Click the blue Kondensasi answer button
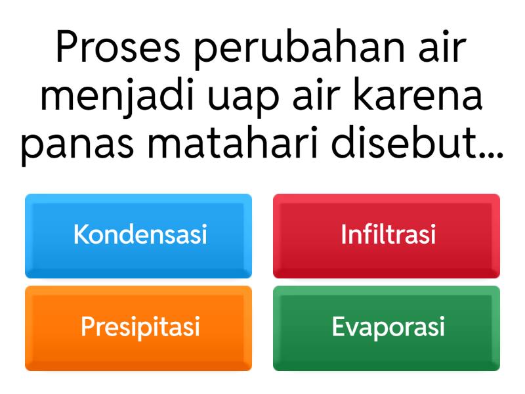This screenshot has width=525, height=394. point(138,236)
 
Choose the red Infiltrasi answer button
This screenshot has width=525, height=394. point(387,236)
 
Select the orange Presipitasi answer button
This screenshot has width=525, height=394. point(138,327)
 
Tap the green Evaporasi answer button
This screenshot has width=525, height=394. point(387,327)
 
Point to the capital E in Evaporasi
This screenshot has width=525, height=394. point(338,326)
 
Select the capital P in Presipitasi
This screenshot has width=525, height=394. point(87,326)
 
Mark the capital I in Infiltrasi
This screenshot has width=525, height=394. point(343,235)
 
